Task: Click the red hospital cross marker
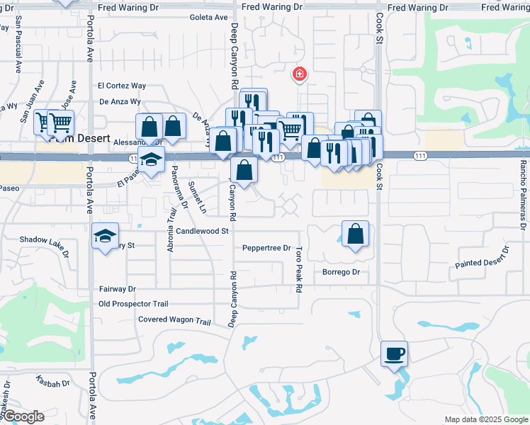[300, 74]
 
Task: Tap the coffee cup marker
[394, 353]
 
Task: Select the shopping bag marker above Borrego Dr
[355, 233]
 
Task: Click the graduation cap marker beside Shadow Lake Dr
[105, 235]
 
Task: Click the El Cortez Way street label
[122, 86]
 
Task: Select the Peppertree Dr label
[266, 249]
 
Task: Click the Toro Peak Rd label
[299, 270]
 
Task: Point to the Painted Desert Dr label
[483, 258]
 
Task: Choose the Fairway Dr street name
[117, 289]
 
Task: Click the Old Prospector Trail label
[135, 305]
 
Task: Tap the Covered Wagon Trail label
[174, 321]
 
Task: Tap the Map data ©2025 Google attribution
[485, 419]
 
